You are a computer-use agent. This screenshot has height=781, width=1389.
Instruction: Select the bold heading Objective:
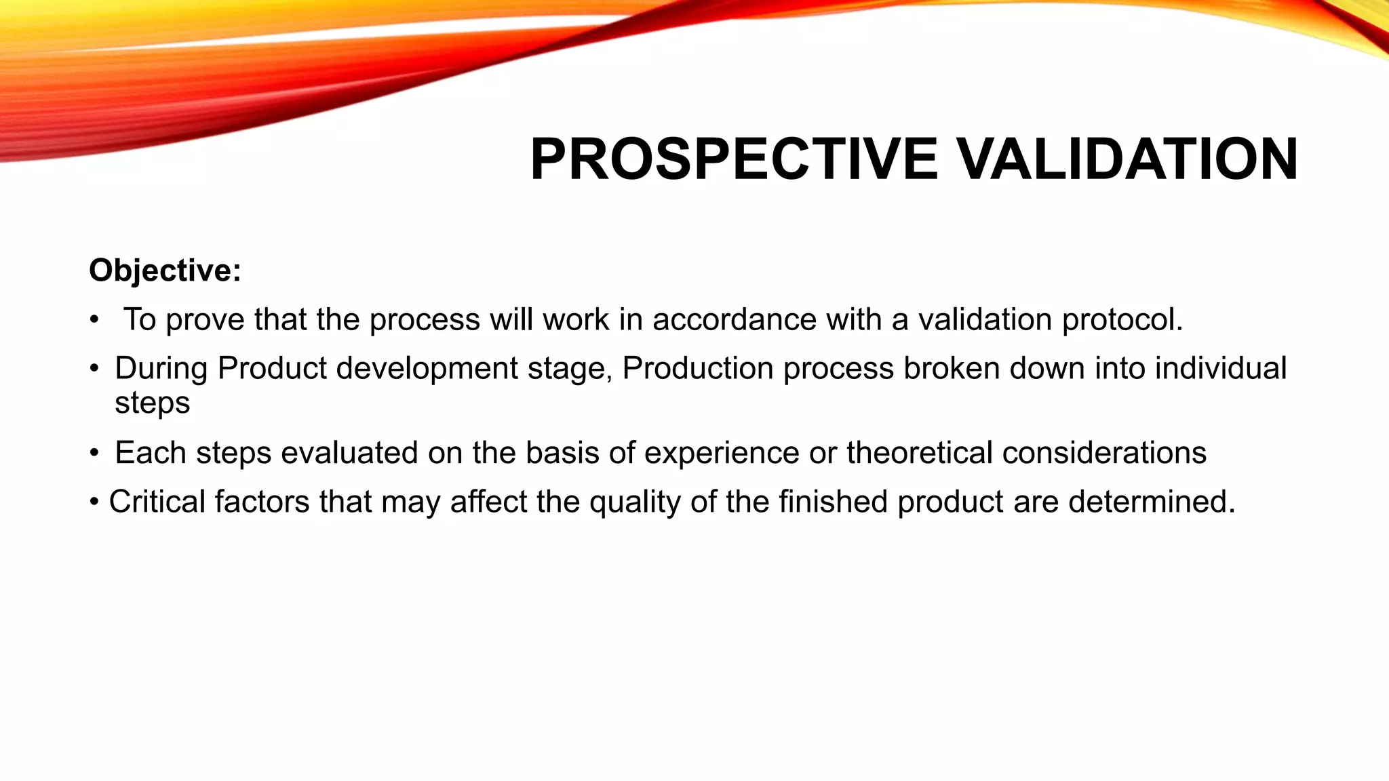click(x=165, y=271)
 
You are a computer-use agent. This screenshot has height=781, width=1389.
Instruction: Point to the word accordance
click(x=734, y=319)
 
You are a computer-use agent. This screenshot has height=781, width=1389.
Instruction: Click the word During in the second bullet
click(x=161, y=369)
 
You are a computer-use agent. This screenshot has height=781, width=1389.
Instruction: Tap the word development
click(x=427, y=369)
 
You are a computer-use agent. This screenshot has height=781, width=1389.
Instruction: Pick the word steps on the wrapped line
click(x=152, y=403)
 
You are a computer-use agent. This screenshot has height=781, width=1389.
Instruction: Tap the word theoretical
click(x=919, y=453)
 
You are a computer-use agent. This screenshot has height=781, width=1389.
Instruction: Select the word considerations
click(x=1104, y=453)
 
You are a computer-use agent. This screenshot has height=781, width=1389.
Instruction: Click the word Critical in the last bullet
click(x=157, y=502)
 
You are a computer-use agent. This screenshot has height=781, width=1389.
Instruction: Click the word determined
click(x=1151, y=502)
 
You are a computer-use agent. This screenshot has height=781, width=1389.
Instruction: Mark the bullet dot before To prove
click(x=94, y=320)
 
